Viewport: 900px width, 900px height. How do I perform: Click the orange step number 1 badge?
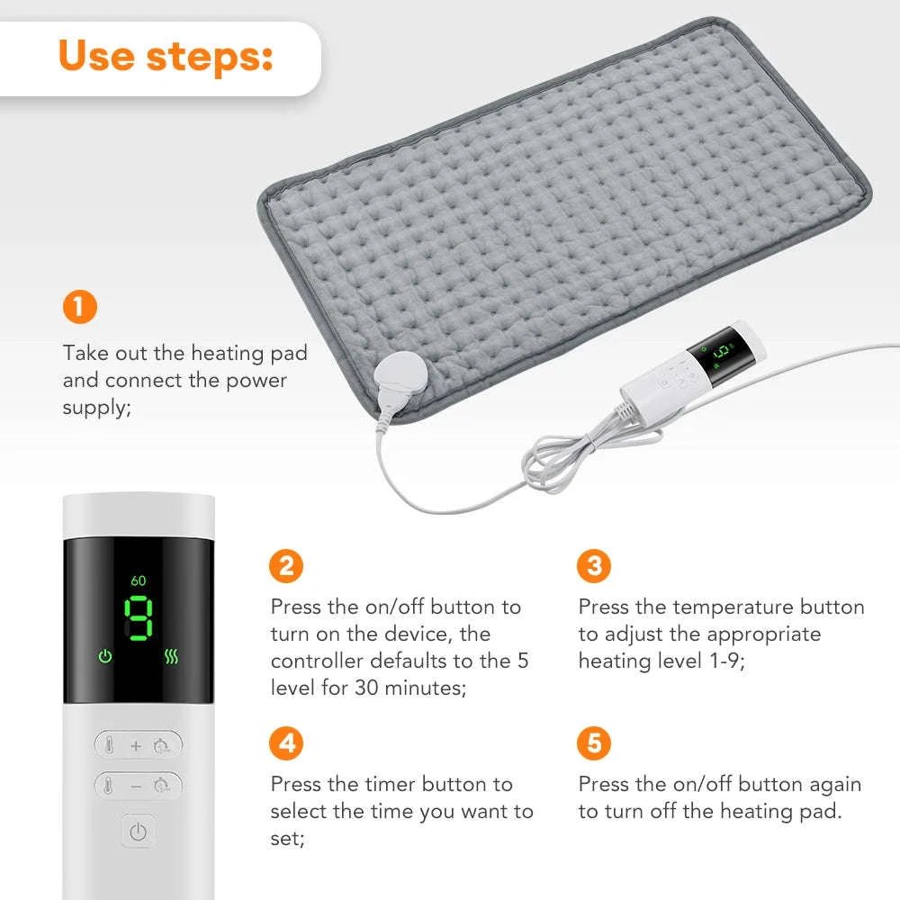(x=79, y=308)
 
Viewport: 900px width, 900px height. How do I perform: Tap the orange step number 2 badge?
(x=287, y=566)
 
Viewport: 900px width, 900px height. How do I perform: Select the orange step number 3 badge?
(x=594, y=566)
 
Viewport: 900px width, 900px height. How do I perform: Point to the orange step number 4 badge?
(x=287, y=744)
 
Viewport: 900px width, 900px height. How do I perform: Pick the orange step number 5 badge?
(x=594, y=744)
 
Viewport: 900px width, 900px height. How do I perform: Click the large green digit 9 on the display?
(x=139, y=620)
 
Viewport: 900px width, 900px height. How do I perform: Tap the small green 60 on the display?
(x=138, y=580)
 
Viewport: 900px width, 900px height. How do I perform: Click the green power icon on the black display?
(x=105, y=656)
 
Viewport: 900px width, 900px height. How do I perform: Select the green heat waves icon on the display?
(x=172, y=656)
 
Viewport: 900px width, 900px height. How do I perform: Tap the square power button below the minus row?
(x=138, y=832)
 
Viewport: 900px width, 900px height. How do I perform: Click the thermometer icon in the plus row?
(x=109, y=745)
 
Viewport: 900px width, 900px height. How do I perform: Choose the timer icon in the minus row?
(x=162, y=786)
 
